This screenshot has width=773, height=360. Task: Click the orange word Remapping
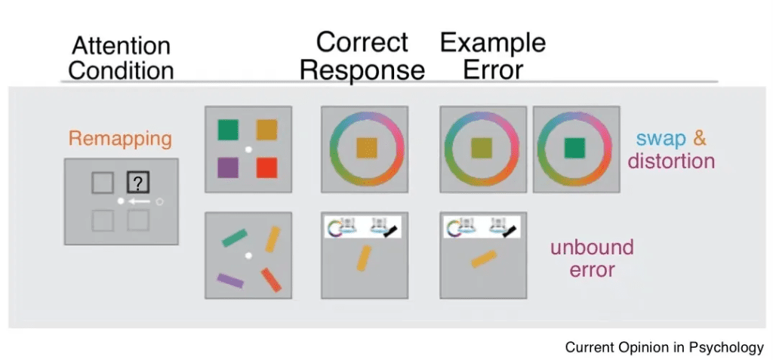[120, 139]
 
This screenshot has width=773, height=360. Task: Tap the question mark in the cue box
[138, 182]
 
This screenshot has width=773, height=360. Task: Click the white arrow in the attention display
[137, 202]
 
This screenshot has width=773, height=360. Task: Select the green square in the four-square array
[227, 130]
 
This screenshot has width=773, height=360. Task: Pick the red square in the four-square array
[268, 167]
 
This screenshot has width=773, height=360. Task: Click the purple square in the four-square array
[227, 167]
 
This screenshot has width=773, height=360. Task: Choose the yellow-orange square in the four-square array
[268, 130]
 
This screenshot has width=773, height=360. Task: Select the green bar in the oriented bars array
[235, 239]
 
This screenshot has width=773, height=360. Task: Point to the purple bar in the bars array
[229, 281]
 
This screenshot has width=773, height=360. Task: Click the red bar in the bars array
[271, 279]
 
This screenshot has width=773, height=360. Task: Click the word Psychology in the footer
[725, 347]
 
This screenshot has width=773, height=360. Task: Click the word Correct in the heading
[362, 42]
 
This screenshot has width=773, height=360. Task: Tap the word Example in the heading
[493, 44]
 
